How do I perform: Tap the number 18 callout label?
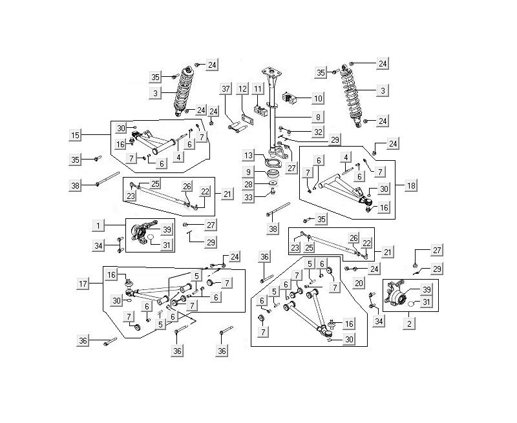pyautogui.click(x=411, y=185)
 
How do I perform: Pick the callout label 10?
pyautogui.click(x=317, y=98)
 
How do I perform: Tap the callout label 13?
pyautogui.click(x=248, y=156)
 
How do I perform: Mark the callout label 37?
pyautogui.click(x=226, y=88)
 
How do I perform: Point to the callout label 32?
pyautogui.click(x=317, y=132)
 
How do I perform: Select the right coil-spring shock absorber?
pyautogui.click(x=357, y=97)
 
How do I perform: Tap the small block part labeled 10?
pyautogui.click(x=289, y=98)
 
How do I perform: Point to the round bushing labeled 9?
pyautogui.click(x=273, y=173)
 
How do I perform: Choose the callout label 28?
pyautogui.click(x=248, y=185)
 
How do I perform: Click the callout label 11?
pyautogui.click(x=258, y=88)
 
